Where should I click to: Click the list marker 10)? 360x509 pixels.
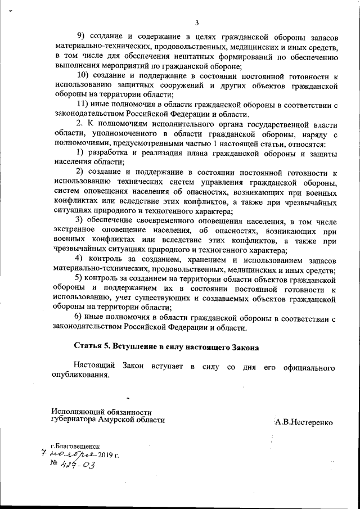(83, 76)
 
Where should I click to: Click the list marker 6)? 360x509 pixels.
(80, 318)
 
